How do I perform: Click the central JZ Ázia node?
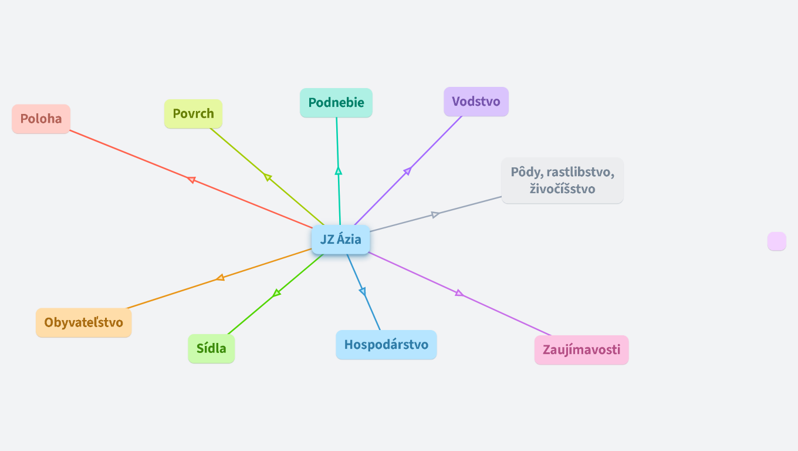[340, 240]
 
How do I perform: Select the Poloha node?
[41, 119]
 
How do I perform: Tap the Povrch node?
[193, 113]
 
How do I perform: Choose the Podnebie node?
[336, 103]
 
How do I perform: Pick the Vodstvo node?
[476, 102]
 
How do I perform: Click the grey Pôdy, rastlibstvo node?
[562, 172]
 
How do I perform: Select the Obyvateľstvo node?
[84, 322]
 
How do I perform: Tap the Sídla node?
[211, 348]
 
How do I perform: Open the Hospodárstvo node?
[386, 345]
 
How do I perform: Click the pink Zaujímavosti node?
[581, 350]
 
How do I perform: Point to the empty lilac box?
[776, 241]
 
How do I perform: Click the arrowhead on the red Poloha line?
[191, 180]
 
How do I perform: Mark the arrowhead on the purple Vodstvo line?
[407, 171]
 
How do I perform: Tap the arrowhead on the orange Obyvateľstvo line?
[220, 277]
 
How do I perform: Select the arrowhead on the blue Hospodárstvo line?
[362, 291]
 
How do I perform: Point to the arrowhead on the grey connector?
[435, 214]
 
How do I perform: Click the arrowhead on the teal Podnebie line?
[338, 171]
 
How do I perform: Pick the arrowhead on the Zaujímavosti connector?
[459, 293]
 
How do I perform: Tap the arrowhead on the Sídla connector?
[277, 292]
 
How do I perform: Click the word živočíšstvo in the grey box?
[562, 189]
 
